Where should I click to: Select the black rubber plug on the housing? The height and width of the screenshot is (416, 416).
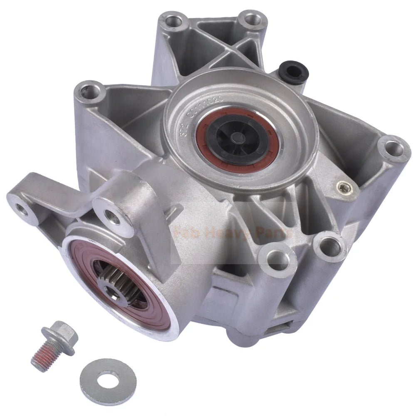[295, 72]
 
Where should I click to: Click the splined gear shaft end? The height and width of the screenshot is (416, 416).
[114, 282]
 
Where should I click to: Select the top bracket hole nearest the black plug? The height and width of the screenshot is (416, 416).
[252, 20]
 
